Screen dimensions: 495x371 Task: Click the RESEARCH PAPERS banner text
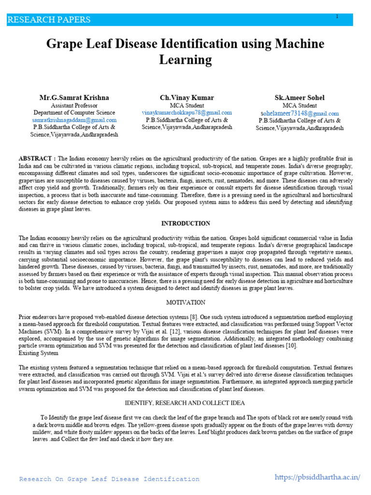49,20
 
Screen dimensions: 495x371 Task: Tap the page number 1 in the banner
337,17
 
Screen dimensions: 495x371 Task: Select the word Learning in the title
185,60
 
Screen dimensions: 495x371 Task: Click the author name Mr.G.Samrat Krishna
74,98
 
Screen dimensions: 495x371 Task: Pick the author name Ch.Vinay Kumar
186,98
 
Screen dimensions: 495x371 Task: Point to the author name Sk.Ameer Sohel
300,98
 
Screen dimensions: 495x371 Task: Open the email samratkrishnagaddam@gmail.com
74,120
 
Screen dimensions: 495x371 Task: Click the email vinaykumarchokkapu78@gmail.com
186,113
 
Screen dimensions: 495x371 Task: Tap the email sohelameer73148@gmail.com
300,113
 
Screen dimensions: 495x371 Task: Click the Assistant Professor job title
74,105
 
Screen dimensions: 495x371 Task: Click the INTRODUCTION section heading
185,223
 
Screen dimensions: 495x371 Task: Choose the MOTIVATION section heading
185,302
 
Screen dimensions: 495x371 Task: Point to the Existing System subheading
39,352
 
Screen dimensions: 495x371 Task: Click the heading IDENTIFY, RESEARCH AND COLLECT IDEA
185,403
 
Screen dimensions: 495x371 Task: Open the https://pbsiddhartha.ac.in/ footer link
317,477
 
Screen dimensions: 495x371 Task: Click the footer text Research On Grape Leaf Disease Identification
109,479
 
